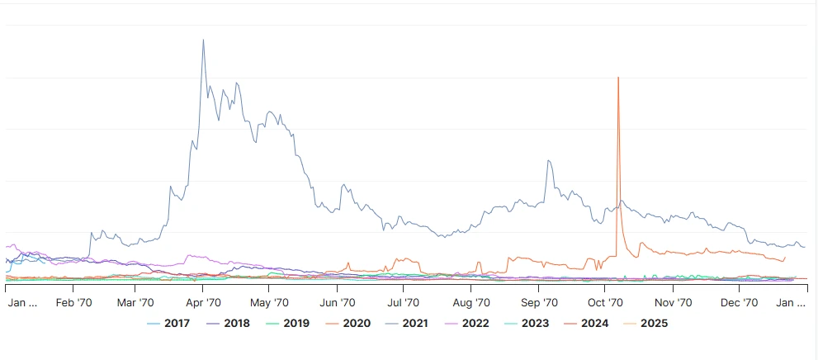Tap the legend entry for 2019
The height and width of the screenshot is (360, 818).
click(288, 323)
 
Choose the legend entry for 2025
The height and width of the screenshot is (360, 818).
click(648, 323)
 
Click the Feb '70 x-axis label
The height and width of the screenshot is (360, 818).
click(73, 303)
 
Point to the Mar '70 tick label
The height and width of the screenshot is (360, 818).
click(135, 303)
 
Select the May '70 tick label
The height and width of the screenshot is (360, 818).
click(268, 303)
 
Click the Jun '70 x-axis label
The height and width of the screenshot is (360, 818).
click(337, 303)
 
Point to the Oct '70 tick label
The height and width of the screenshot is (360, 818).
click(605, 303)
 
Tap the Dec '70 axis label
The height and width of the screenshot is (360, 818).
click(740, 303)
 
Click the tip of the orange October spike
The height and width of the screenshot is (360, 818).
click(617, 78)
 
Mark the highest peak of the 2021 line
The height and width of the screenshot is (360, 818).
click(203, 40)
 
